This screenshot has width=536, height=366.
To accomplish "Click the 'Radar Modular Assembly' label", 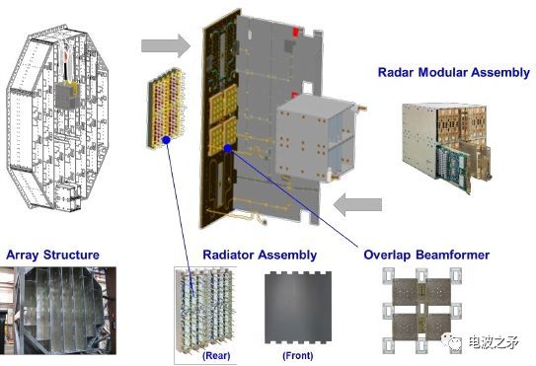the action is click(x=454, y=73).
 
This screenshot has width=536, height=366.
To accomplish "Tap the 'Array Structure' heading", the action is click(x=52, y=255).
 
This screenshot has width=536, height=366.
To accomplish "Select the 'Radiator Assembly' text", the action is click(x=260, y=256).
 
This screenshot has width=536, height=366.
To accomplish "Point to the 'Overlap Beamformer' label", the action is click(x=426, y=255).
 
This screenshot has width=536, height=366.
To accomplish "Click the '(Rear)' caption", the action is click(x=216, y=356).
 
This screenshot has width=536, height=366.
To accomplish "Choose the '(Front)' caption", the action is click(x=298, y=356).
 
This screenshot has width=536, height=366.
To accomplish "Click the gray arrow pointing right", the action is click(x=166, y=45).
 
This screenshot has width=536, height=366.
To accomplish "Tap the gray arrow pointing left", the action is click(x=357, y=204).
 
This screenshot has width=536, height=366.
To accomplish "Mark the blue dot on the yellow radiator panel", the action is click(x=167, y=140).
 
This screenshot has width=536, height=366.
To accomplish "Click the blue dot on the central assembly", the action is click(x=228, y=148).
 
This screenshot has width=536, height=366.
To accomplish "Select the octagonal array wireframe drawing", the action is click(x=57, y=117).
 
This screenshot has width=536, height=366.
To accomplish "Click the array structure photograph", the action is click(x=58, y=311).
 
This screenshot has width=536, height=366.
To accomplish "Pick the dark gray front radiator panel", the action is click(x=298, y=308).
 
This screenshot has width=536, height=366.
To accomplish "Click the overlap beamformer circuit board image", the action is click(x=421, y=311).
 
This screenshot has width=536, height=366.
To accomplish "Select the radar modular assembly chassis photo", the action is click(x=447, y=147).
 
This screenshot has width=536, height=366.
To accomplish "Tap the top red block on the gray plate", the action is click(x=295, y=33).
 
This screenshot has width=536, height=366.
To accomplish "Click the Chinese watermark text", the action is click(x=494, y=341).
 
